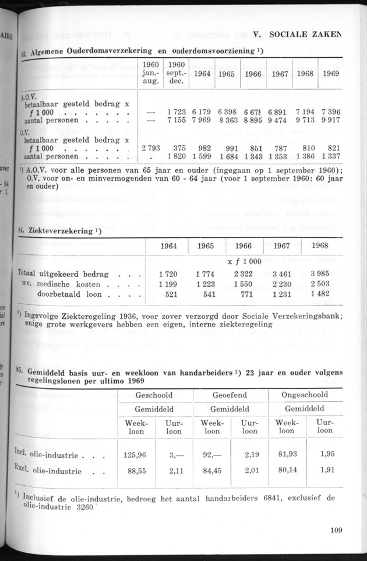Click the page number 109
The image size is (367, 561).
[334, 530]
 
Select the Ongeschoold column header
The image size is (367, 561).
[305, 395]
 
